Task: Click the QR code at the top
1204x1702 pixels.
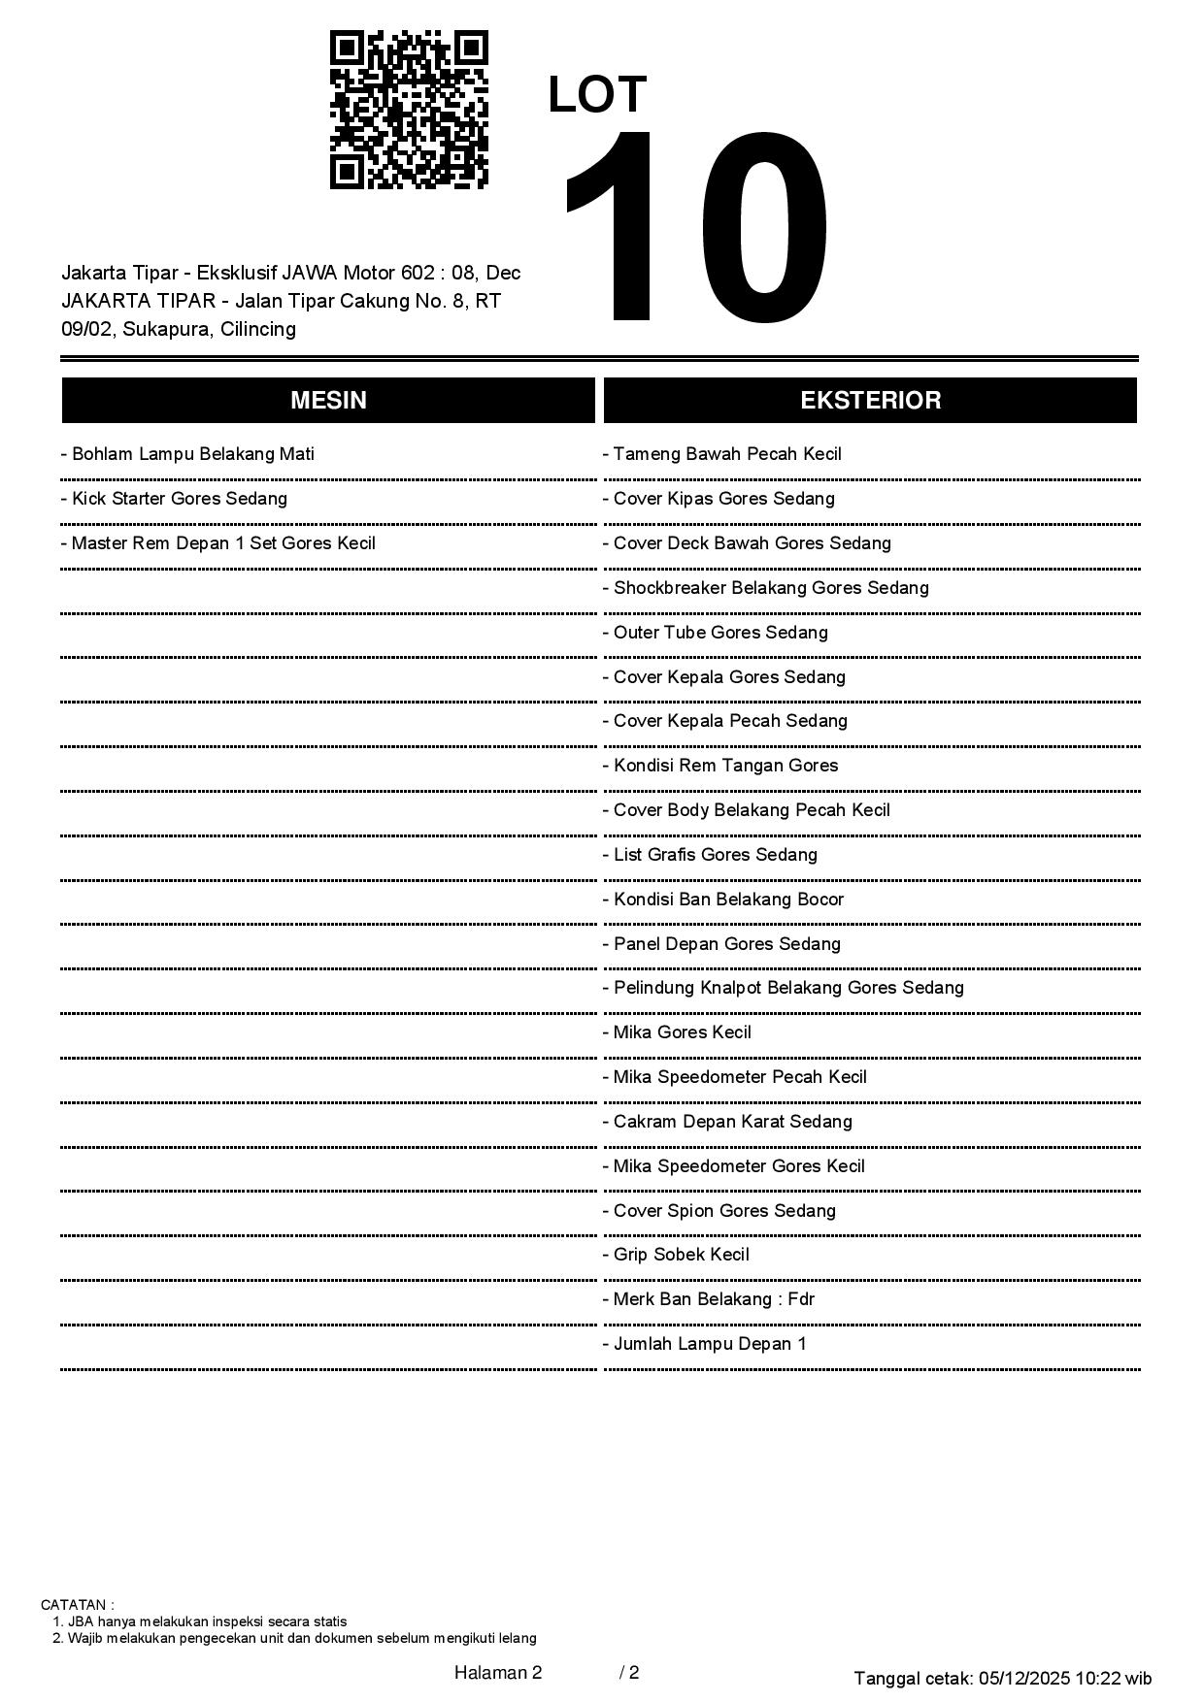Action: [x=409, y=110]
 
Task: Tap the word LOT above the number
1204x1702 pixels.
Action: [x=597, y=95]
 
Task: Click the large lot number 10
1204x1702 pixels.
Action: [x=696, y=227]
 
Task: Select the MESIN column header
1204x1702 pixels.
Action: [x=328, y=401]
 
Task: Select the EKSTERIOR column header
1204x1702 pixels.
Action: [x=870, y=401]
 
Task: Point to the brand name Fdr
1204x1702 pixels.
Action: [x=801, y=1299]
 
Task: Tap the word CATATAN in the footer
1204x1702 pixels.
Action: [x=77, y=1605]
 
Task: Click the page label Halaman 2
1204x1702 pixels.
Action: [x=498, y=1672]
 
